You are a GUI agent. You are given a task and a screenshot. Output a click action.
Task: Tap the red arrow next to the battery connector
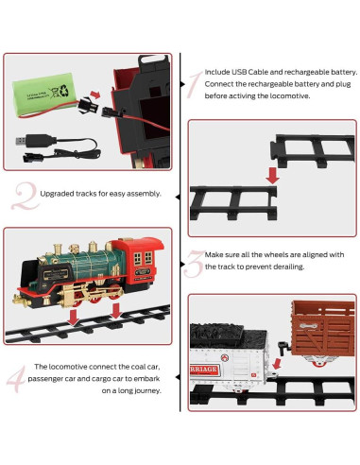pos(77,101)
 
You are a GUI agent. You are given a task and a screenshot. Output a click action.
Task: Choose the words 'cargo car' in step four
pos(110,377)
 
